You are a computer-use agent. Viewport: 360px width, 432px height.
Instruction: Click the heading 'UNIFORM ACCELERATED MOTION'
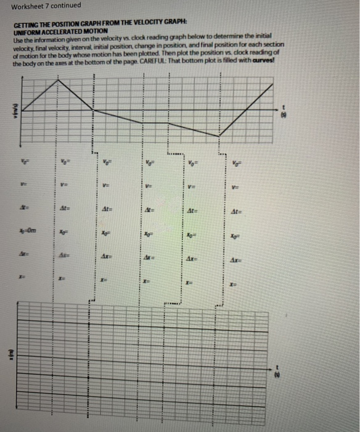[60, 31]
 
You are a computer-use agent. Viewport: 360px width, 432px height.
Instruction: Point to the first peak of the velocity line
[59, 80]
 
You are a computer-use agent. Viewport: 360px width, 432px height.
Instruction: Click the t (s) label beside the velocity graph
[284, 112]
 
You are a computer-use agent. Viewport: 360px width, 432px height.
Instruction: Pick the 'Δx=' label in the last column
[239, 255]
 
